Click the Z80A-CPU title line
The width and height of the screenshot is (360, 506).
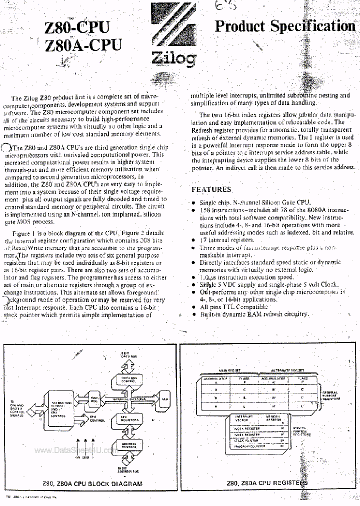(83, 45)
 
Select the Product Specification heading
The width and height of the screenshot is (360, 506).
(284, 26)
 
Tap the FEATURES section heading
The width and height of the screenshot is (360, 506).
(211, 189)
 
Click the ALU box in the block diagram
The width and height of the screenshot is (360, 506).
(164, 399)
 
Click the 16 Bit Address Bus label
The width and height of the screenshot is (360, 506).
(124, 469)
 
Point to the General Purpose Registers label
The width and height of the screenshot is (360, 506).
(330, 396)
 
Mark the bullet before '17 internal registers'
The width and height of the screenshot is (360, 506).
(194, 240)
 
